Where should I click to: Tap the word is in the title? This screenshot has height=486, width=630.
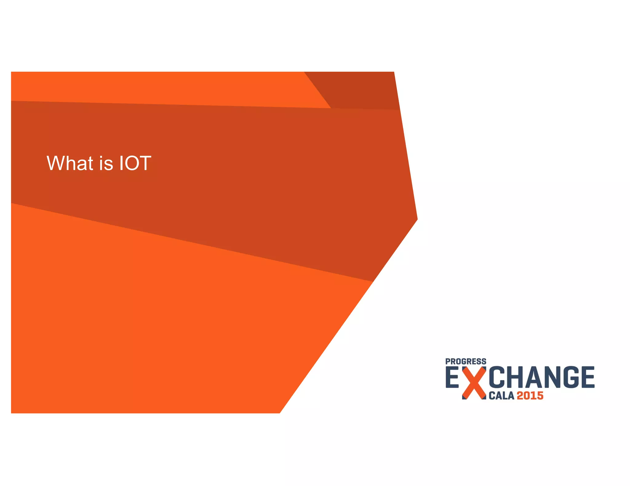pyautogui.click(x=106, y=163)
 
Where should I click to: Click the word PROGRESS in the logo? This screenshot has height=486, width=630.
pyautogui.click(x=466, y=362)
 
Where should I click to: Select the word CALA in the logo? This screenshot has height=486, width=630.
pyautogui.click(x=501, y=396)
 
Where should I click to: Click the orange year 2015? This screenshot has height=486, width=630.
pyautogui.click(x=530, y=396)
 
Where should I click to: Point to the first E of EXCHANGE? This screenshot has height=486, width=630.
pyautogui.click(x=453, y=378)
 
